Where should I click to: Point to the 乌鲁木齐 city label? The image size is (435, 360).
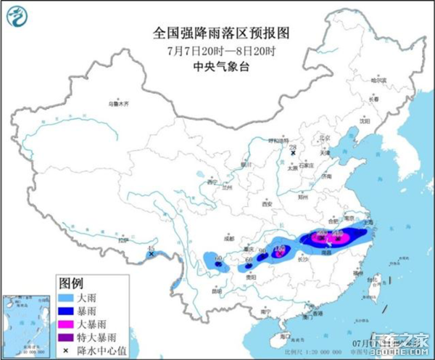coord(118,105)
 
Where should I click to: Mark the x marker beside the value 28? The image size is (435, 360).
coord(293,153)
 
